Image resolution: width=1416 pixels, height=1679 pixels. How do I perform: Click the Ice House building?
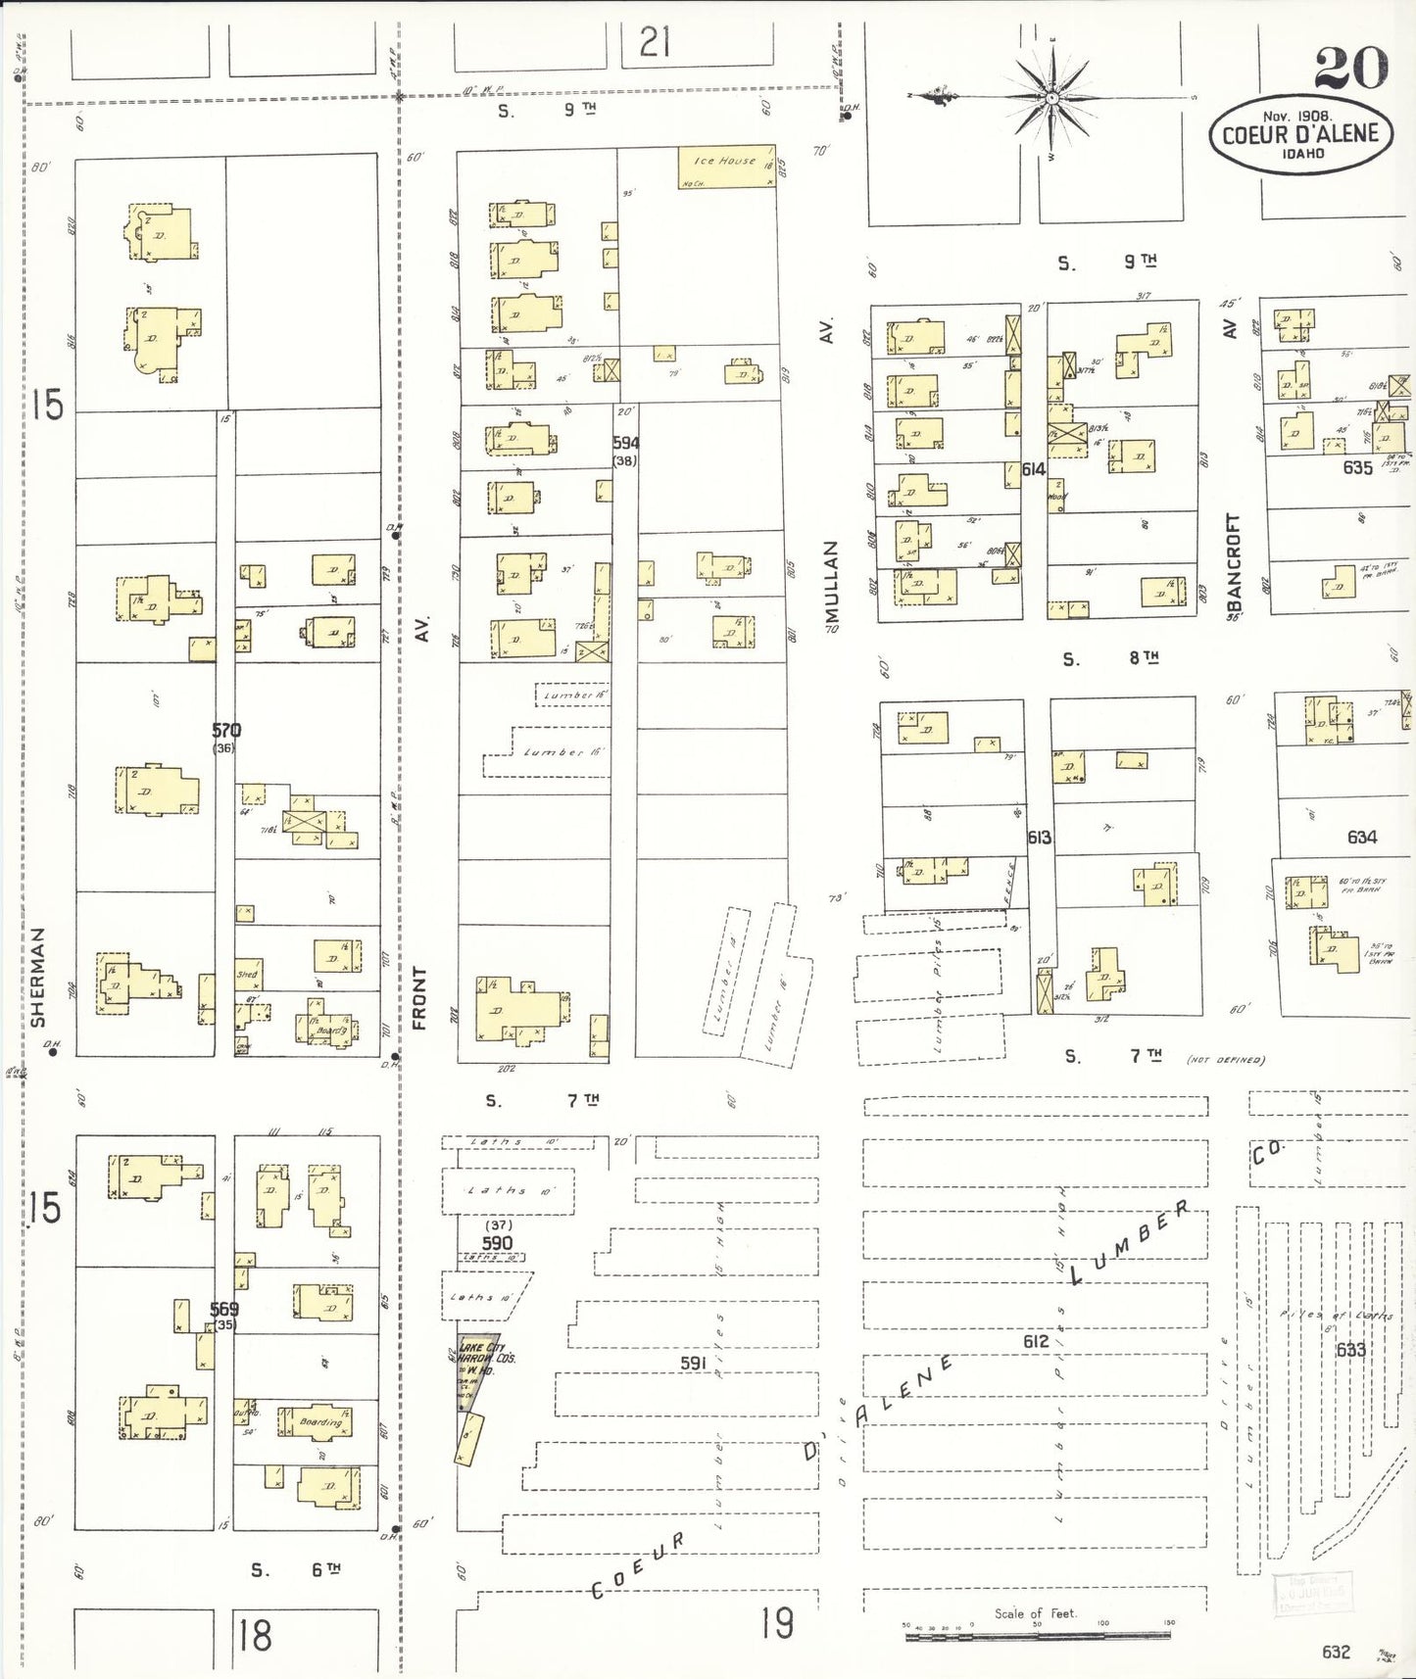[726, 168]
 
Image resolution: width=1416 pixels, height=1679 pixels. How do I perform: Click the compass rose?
[1050, 98]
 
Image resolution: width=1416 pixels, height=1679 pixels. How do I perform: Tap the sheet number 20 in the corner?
[1350, 67]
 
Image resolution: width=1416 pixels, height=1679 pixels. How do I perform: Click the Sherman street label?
[38, 977]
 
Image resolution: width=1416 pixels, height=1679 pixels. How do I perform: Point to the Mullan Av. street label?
[832, 583]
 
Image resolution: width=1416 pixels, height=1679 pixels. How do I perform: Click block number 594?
[625, 443]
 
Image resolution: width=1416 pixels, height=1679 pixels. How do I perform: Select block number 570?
[225, 730]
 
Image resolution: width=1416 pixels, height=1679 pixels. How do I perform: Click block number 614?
[1033, 469]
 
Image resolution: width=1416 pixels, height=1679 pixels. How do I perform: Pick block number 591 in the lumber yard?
[693, 1363]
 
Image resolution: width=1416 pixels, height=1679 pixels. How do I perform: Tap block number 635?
[1357, 468]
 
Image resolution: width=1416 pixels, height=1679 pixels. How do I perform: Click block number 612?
[1035, 1341]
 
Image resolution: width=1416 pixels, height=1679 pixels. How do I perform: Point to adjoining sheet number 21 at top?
[655, 42]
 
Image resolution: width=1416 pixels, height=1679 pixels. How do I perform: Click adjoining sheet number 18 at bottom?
[255, 1634]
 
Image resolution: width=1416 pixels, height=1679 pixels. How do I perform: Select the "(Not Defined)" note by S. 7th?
[1225, 1059]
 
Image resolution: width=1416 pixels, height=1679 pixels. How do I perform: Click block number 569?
[223, 1309]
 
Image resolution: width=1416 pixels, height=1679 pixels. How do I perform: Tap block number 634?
[1361, 837]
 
